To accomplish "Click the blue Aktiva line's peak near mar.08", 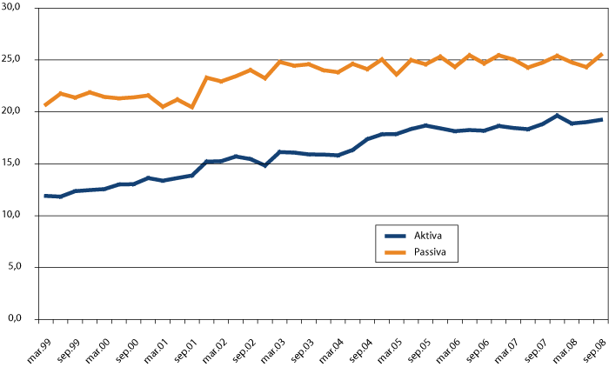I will [x=557, y=116].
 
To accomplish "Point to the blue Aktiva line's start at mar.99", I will [x=45, y=196].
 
